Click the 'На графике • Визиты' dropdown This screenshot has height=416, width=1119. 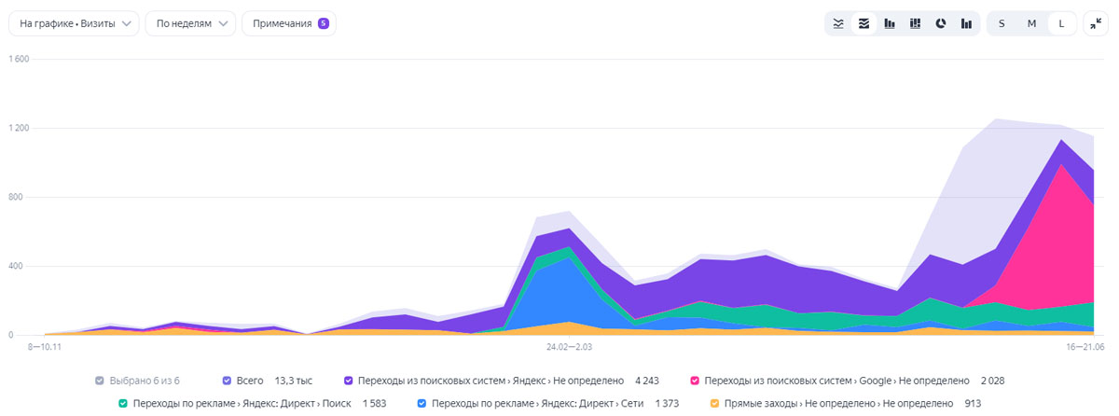[x=74, y=23]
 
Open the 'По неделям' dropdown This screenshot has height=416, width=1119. [x=190, y=23]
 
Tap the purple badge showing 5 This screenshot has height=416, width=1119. [x=323, y=23]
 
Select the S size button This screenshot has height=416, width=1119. [x=1002, y=23]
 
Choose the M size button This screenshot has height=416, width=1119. [x=1031, y=23]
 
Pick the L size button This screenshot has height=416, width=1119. [x=1061, y=23]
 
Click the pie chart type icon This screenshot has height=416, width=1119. [x=941, y=23]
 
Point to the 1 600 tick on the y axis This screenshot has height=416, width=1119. [x=19, y=59]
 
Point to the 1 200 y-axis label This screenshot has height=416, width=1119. [x=19, y=128]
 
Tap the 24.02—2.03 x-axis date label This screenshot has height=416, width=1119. [x=570, y=346]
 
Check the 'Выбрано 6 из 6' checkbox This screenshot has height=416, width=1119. [x=100, y=381]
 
